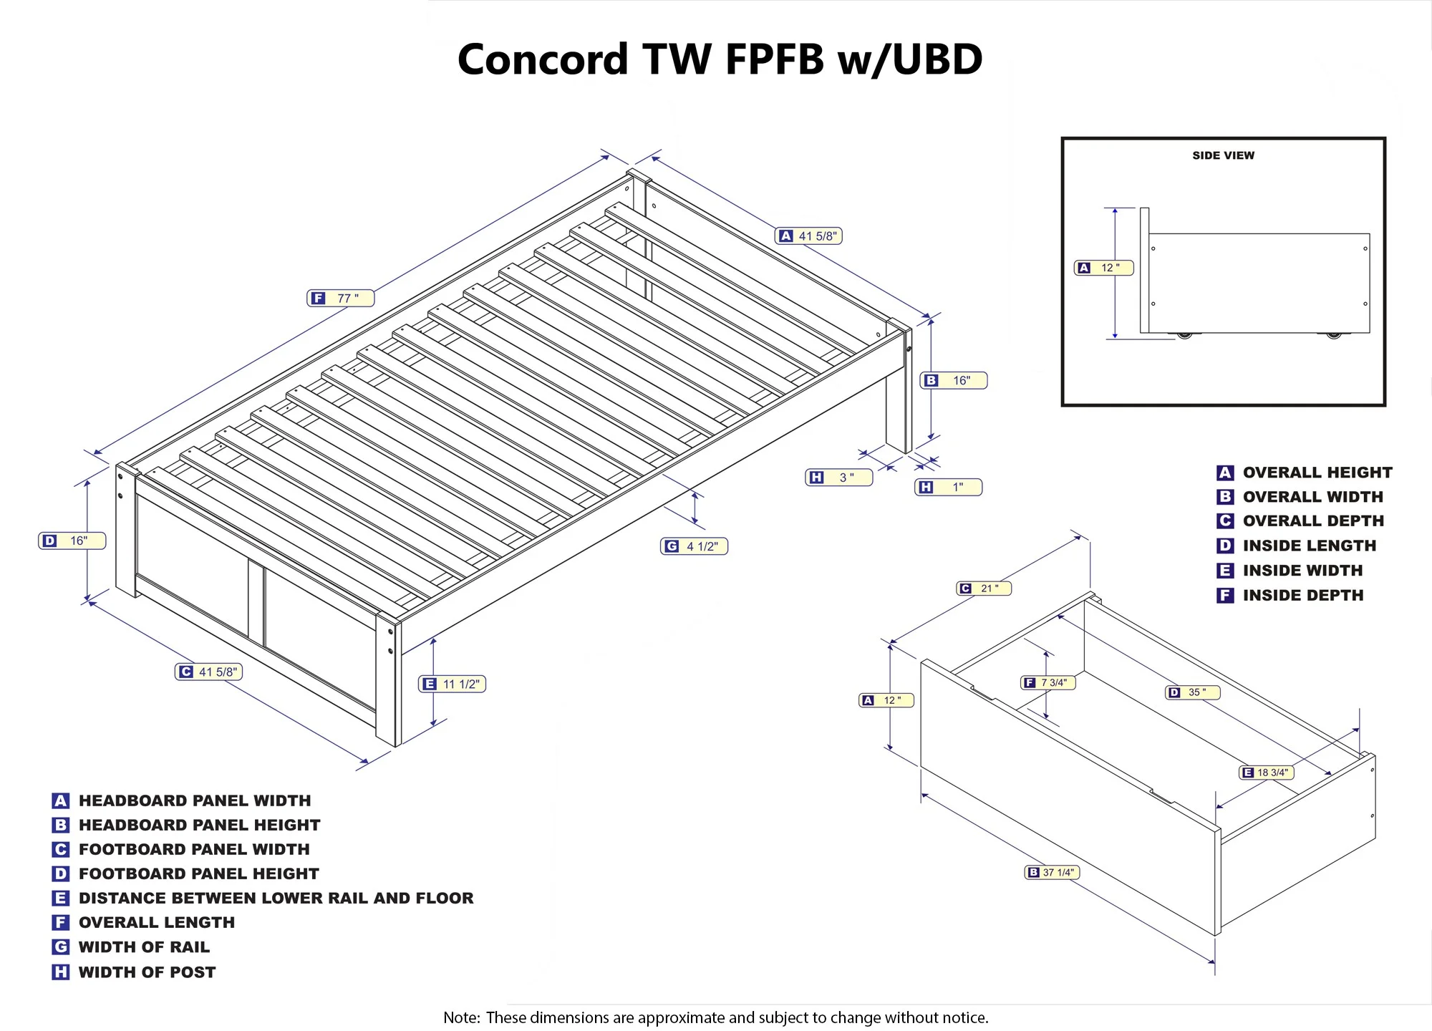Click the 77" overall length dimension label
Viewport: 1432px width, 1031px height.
click(341, 298)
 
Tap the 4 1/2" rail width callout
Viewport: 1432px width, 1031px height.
click(694, 546)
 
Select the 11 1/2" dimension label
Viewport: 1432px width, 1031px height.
click(453, 684)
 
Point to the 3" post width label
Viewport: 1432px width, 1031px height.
click(839, 477)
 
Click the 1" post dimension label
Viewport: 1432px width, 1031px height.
click(949, 487)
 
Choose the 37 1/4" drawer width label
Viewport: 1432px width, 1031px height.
click(1052, 872)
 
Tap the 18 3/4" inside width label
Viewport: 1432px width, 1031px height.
click(1267, 773)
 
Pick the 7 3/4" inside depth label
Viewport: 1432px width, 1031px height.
click(1048, 682)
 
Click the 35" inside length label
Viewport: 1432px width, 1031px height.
click(1193, 692)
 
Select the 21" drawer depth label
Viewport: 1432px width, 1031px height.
click(984, 588)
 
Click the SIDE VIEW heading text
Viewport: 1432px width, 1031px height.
click(1223, 155)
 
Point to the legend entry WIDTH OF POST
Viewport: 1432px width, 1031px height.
click(147, 972)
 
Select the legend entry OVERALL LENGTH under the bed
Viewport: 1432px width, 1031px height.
click(156, 922)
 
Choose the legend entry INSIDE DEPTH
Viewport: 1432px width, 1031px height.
click(1302, 595)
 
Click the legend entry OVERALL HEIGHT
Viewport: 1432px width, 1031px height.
click(1317, 473)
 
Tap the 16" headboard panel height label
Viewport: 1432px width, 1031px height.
click(954, 380)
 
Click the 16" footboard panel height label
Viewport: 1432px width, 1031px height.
click(72, 541)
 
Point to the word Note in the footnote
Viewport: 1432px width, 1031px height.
click(460, 1017)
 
